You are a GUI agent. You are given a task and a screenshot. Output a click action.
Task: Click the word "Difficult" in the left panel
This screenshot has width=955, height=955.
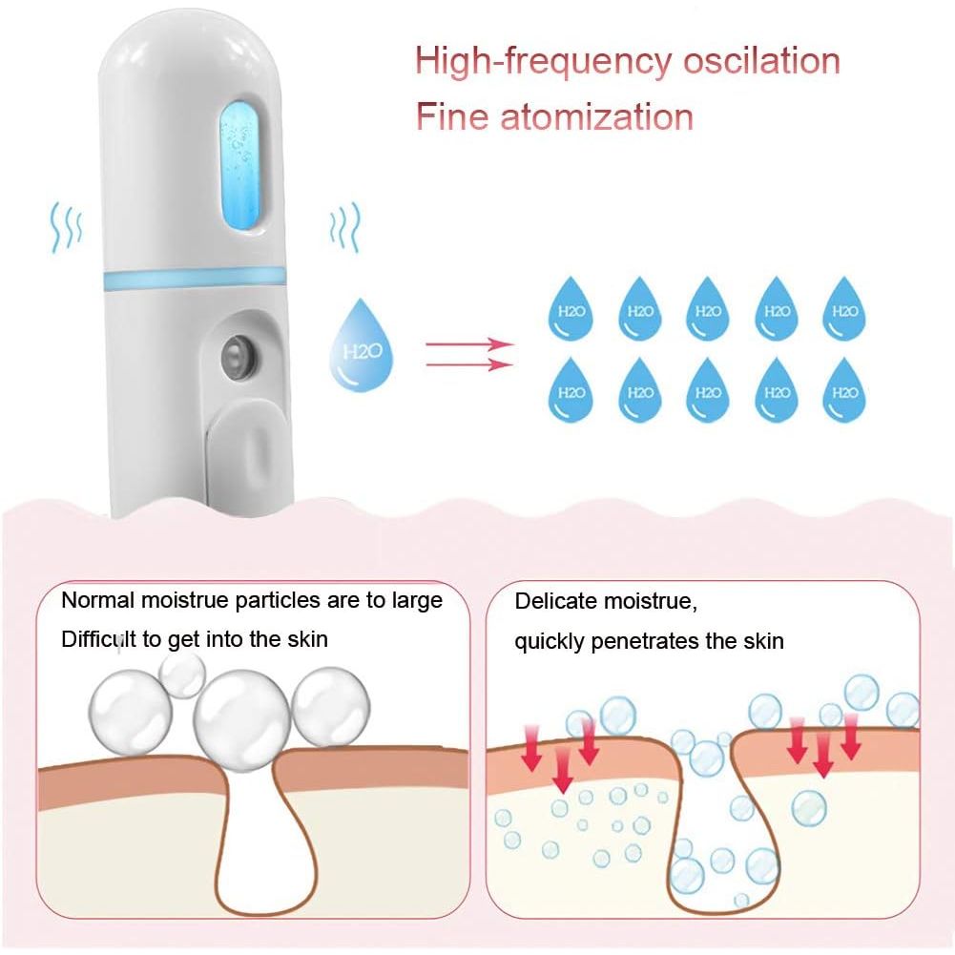point(98,638)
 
